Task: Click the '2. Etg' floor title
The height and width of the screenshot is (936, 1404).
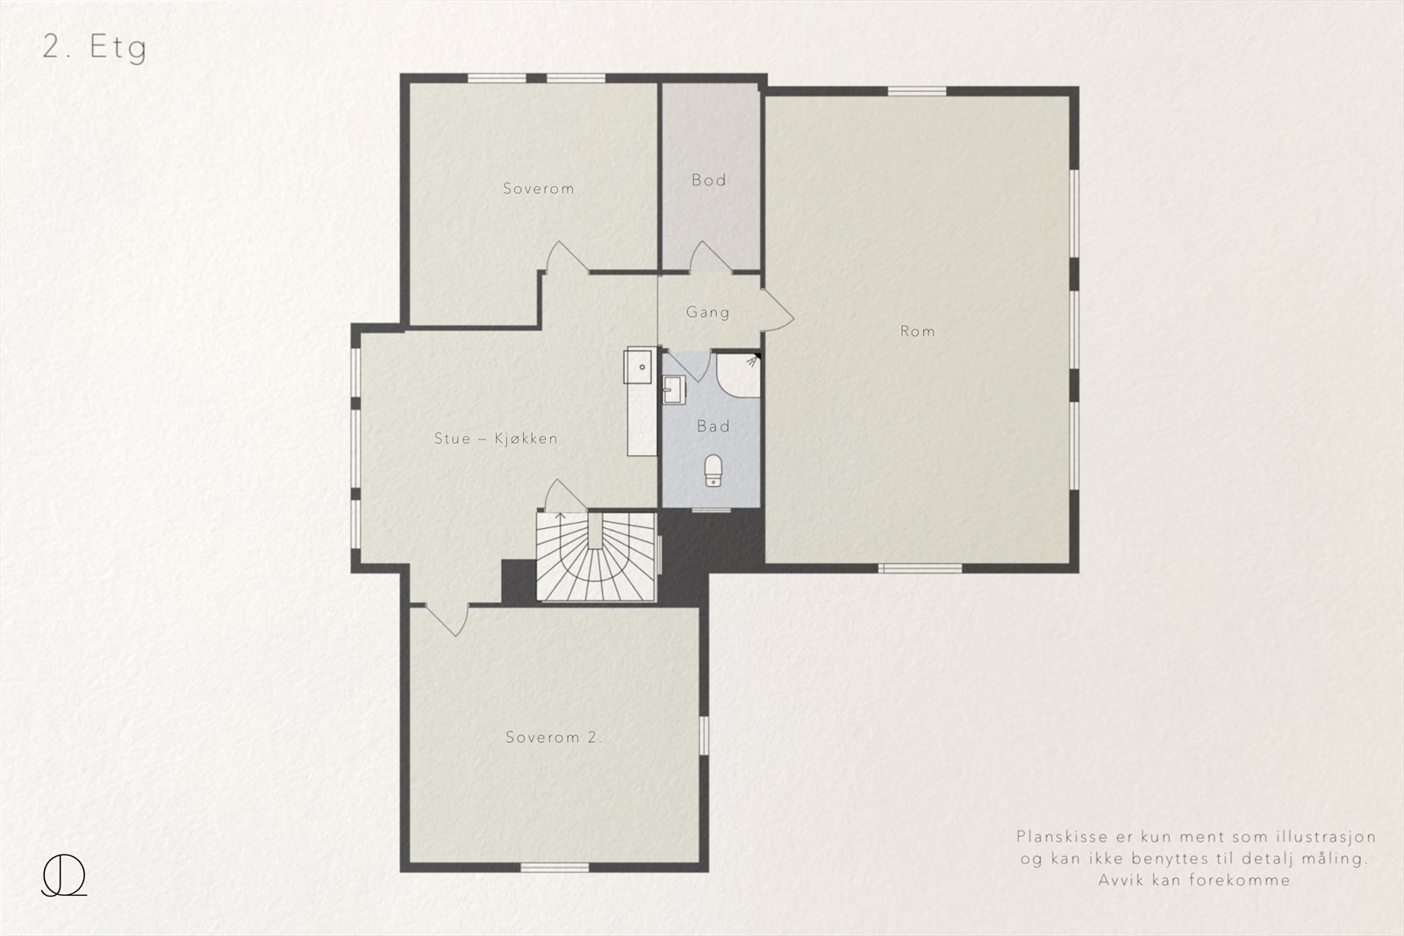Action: click(x=95, y=47)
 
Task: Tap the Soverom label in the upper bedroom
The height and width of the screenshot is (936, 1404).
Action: click(x=539, y=189)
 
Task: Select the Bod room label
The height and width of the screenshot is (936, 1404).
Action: click(x=709, y=181)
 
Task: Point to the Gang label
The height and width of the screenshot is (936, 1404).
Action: click(x=707, y=312)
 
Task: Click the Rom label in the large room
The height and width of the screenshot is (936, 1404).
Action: click(x=918, y=331)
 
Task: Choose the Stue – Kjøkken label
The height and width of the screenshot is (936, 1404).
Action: click(x=496, y=439)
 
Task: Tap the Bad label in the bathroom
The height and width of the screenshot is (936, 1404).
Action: click(x=713, y=426)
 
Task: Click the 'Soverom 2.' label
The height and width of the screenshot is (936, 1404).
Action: click(x=554, y=738)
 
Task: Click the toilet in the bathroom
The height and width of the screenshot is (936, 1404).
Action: click(x=713, y=470)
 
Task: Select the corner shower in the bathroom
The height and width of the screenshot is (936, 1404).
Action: click(x=738, y=375)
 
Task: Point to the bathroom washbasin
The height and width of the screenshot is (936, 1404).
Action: click(x=674, y=389)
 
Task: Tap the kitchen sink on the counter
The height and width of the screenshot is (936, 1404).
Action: click(x=640, y=366)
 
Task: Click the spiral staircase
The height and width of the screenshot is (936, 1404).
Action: click(x=596, y=557)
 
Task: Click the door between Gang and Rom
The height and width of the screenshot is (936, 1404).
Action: click(x=777, y=311)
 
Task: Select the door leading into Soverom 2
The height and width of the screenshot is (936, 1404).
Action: click(x=447, y=620)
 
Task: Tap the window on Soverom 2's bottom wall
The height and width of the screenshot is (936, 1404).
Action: click(x=555, y=868)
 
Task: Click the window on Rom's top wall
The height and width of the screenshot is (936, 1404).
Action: click(x=917, y=91)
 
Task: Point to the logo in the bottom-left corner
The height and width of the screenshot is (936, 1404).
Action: click(x=64, y=875)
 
